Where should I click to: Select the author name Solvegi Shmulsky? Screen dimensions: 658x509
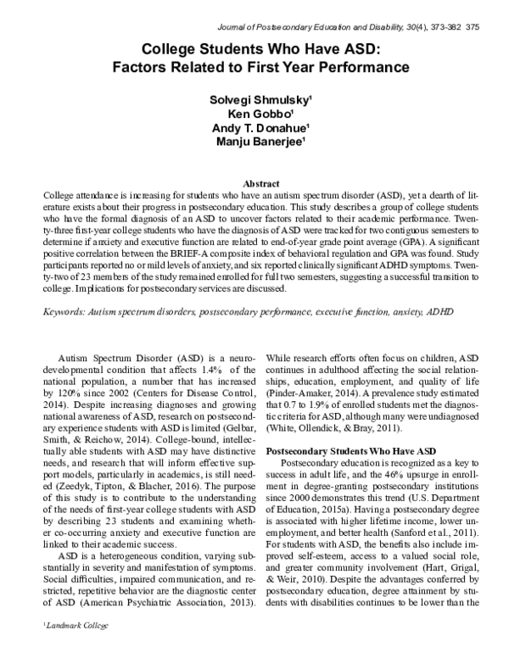254,100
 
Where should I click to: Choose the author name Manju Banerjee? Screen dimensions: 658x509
254,143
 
